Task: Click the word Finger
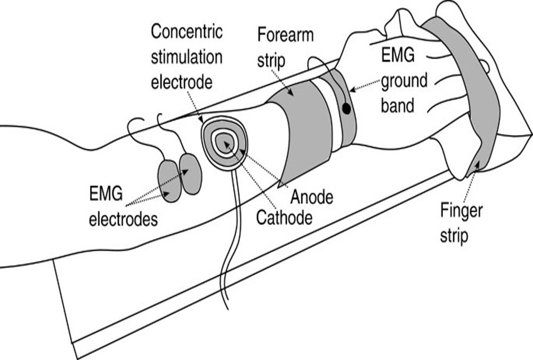(461, 211)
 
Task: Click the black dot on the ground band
(346, 109)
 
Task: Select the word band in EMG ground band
(399, 105)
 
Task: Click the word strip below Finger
(454, 235)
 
